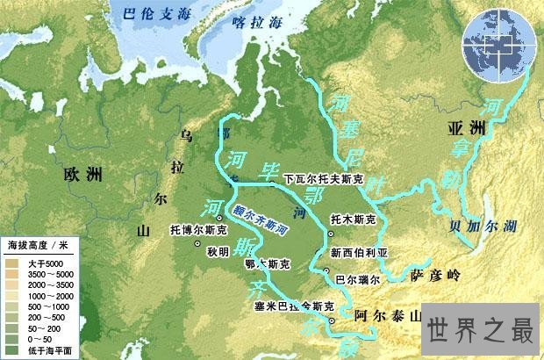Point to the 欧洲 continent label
[83, 174]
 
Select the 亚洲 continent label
[468, 128]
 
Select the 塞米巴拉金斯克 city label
[293, 307]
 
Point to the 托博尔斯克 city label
[198, 230]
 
